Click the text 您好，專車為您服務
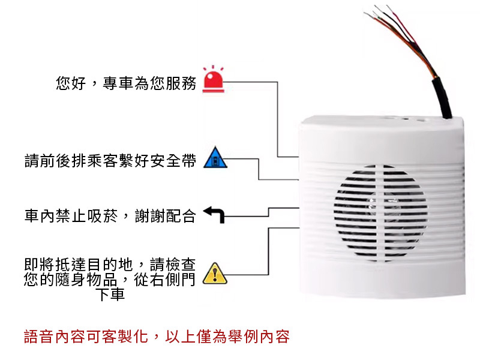(x=126, y=83)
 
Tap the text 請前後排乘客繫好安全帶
(x=110, y=161)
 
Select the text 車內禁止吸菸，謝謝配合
(x=110, y=216)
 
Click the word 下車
(x=110, y=295)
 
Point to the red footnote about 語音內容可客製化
(x=157, y=336)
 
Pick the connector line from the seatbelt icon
(x=259, y=171)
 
